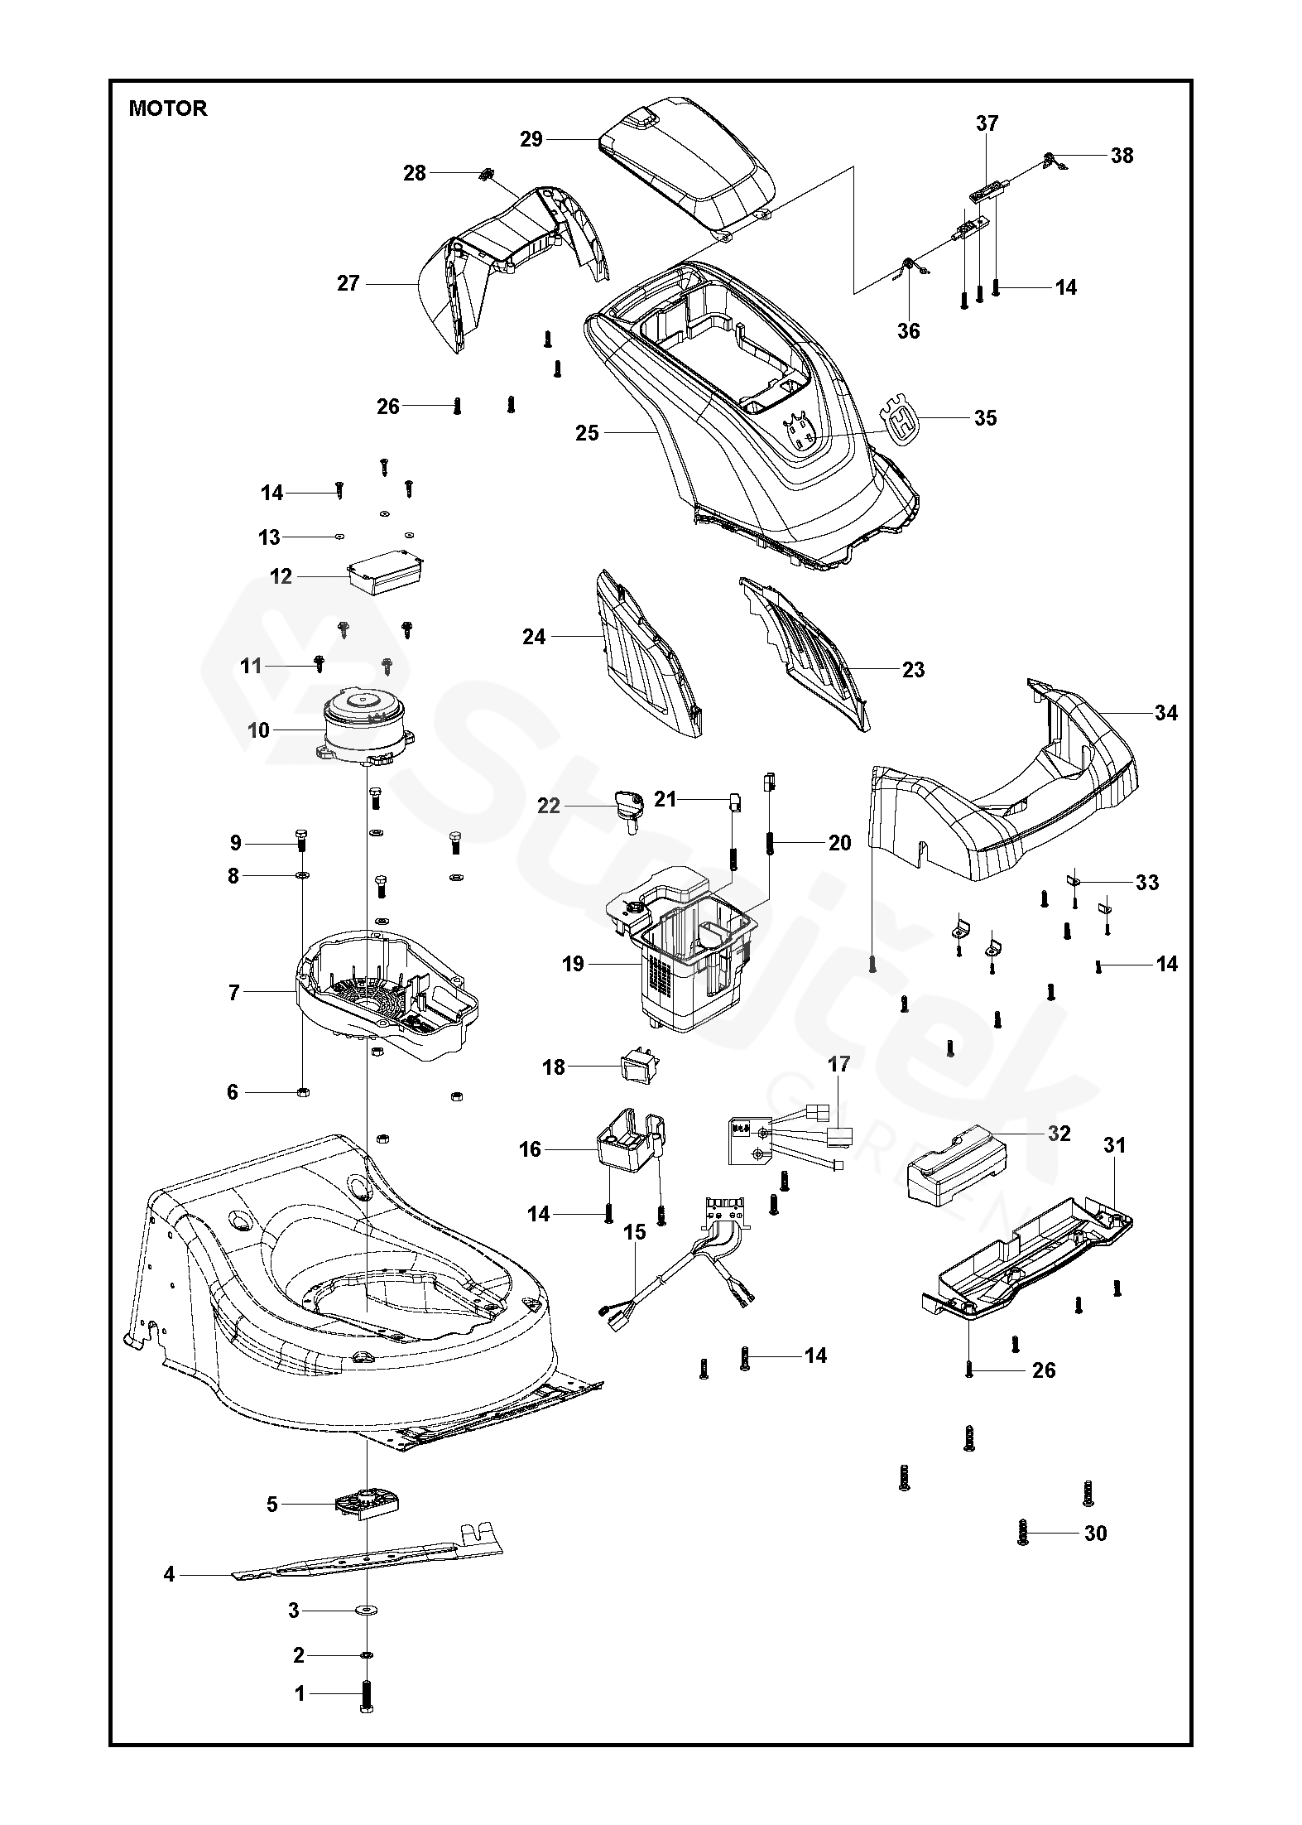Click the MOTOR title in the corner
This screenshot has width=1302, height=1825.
[x=168, y=108]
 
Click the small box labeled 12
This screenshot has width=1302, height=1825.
[x=385, y=572]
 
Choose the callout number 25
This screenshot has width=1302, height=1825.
[x=588, y=432]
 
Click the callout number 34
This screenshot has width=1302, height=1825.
[x=1165, y=713]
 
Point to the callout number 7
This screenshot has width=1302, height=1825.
[x=233, y=992]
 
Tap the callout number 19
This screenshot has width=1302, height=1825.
[x=573, y=964]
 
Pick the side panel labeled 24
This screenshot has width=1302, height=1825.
[x=646, y=654]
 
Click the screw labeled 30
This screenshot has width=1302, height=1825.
[x=1024, y=1534]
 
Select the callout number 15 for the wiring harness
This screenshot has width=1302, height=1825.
[x=634, y=1255]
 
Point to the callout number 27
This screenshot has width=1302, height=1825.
[x=348, y=283]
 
